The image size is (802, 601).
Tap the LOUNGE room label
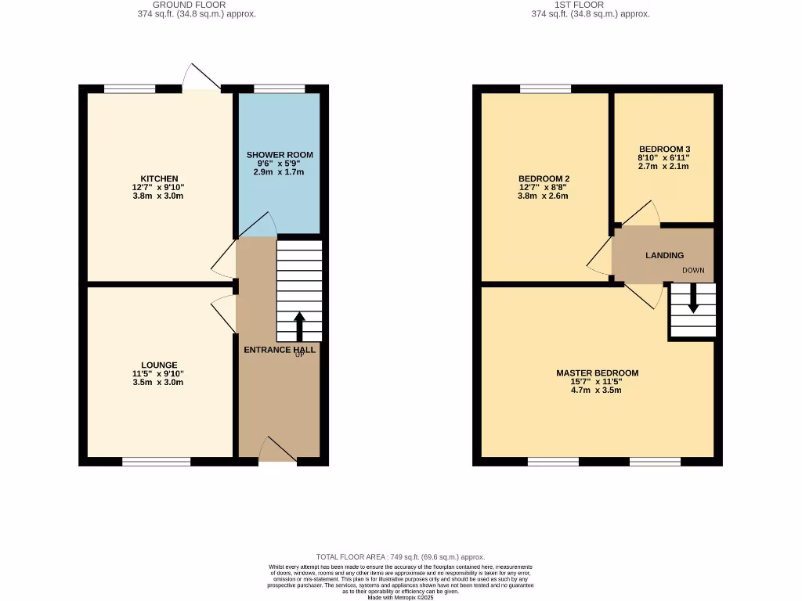point(159,365)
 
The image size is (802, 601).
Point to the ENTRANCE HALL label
point(280,350)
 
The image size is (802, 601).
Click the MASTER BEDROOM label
point(597,373)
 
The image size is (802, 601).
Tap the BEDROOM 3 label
point(664,149)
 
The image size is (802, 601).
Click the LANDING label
point(664,255)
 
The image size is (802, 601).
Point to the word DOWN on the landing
point(693,271)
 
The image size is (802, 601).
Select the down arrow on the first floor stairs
point(692,300)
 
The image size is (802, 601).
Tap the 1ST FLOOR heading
point(579,5)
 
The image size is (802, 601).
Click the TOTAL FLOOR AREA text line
point(400,556)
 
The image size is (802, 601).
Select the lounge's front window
point(157,462)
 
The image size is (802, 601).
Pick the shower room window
point(280,88)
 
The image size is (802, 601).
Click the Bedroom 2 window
point(545,88)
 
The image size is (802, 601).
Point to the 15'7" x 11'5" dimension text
point(597,382)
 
